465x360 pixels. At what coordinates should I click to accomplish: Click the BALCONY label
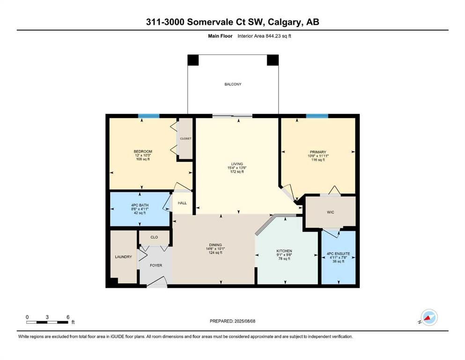(233, 84)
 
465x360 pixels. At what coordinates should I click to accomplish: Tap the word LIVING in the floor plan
(237, 164)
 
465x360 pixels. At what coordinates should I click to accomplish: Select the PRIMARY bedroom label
(318, 152)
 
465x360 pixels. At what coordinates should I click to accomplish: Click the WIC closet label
(330, 212)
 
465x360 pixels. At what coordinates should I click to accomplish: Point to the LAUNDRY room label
(123, 257)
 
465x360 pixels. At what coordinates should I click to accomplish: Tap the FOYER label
(156, 265)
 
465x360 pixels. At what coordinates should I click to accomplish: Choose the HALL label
(182, 203)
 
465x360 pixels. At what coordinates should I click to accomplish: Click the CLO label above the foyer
(154, 237)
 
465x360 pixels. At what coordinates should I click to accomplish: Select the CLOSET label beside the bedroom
(185, 139)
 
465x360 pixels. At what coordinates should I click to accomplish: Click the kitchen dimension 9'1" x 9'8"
(284, 255)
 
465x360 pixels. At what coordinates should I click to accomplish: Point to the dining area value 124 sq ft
(215, 253)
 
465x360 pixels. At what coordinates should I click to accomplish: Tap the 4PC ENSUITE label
(339, 254)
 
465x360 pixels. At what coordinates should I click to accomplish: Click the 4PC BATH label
(140, 205)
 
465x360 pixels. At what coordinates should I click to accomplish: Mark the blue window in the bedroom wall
(149, 116)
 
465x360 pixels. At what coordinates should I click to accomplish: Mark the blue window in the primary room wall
(317, 116)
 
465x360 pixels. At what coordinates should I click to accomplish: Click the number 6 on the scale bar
(68, 317)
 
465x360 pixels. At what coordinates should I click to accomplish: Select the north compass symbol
(428, 318)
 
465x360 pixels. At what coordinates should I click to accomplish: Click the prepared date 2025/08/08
(245, 321)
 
